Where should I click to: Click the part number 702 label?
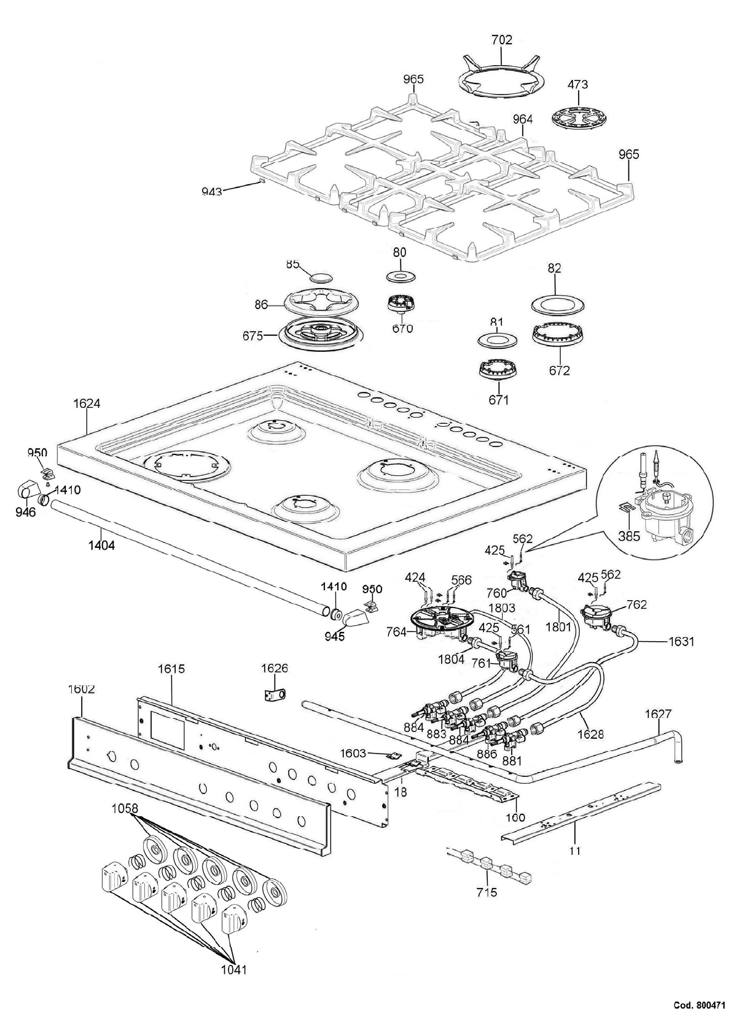point(502,40)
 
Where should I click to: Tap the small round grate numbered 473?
point(577,117)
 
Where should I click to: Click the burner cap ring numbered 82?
point(555,305)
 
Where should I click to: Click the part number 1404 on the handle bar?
point(101,544)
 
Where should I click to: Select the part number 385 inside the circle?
point(629,536)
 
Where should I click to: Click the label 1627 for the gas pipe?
point(658,714)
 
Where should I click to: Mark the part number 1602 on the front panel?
point(81,689)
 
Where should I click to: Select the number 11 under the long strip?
point(575,851)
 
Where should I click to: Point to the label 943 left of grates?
point(212,192)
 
